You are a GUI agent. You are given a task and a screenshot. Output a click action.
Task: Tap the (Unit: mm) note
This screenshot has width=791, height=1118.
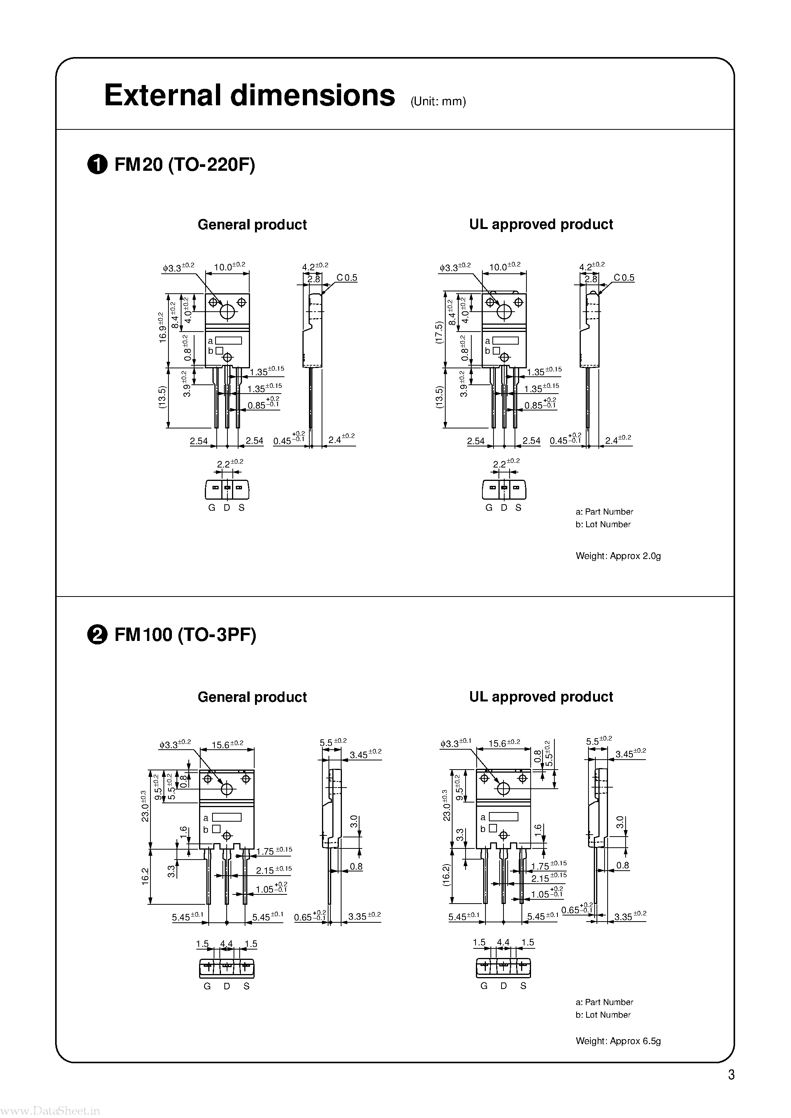[438, 101]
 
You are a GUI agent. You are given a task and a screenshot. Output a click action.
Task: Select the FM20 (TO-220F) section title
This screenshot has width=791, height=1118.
[184, 165]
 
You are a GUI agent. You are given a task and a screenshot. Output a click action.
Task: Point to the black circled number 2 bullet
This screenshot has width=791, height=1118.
[97, 636]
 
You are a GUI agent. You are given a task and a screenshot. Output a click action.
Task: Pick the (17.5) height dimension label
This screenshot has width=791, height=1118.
[438, 333]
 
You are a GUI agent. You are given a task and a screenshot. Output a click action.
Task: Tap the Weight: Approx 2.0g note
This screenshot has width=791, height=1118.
[618, 556]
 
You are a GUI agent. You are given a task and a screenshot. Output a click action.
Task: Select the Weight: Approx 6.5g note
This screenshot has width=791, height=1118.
[618, 1041]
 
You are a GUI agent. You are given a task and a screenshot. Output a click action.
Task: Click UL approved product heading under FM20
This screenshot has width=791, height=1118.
[541, 224]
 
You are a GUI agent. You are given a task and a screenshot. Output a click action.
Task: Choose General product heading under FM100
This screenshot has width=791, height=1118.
[252, 697]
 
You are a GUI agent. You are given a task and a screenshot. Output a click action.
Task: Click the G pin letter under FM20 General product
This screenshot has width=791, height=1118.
[211, 507]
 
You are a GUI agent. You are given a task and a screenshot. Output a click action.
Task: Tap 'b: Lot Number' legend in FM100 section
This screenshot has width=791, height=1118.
[603, 1015]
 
